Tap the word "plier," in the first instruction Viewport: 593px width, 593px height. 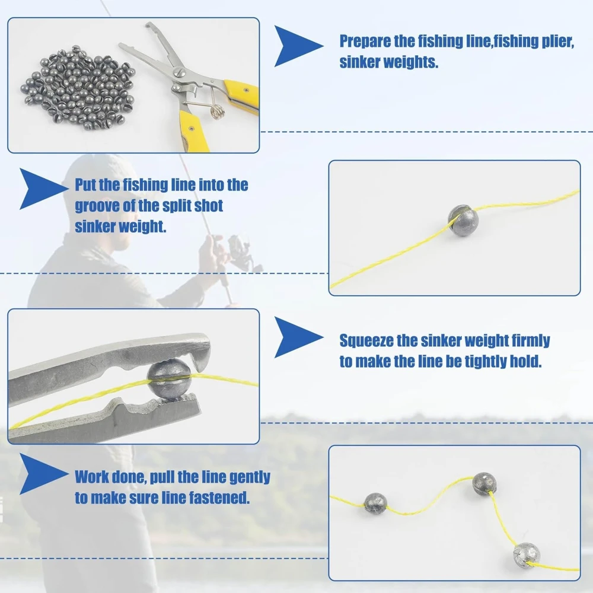click(558, 42)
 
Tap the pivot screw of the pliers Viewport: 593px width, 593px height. click(178, 72)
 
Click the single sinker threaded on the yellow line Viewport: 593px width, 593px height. click(463, 221)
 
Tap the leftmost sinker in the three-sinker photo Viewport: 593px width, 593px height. click(375, 503)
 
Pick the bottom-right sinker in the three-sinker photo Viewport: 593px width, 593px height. click(527, 555)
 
